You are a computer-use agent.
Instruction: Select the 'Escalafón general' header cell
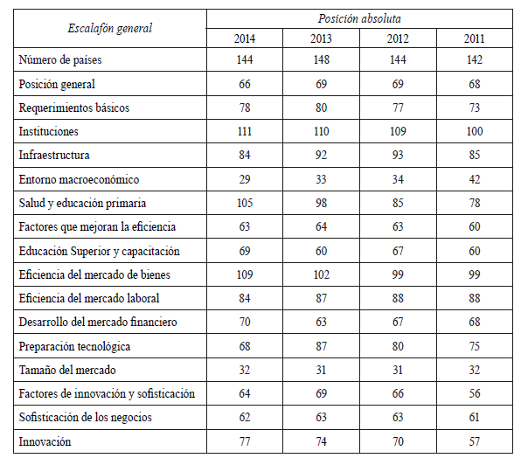coord(110,28)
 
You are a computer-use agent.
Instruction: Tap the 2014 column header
coord(245,38)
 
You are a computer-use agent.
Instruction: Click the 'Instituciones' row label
coord(49,131)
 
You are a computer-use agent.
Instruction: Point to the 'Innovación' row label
coord(46,441)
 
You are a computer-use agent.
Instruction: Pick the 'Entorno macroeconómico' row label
coord(79,179)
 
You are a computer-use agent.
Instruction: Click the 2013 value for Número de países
coord(321,59)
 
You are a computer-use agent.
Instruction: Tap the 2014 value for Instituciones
coord(245,131)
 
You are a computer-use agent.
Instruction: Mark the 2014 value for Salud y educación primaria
coord(245,203)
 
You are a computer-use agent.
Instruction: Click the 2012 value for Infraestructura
coord(399,155)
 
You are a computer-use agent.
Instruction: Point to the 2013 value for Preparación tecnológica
coord(321,346)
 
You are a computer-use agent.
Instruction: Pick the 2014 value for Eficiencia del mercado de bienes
coord(245,274)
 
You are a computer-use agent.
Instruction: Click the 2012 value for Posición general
coord(399,84)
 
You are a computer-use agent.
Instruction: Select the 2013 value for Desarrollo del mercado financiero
coord(321,322)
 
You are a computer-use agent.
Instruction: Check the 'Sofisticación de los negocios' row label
coord(85,418)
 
